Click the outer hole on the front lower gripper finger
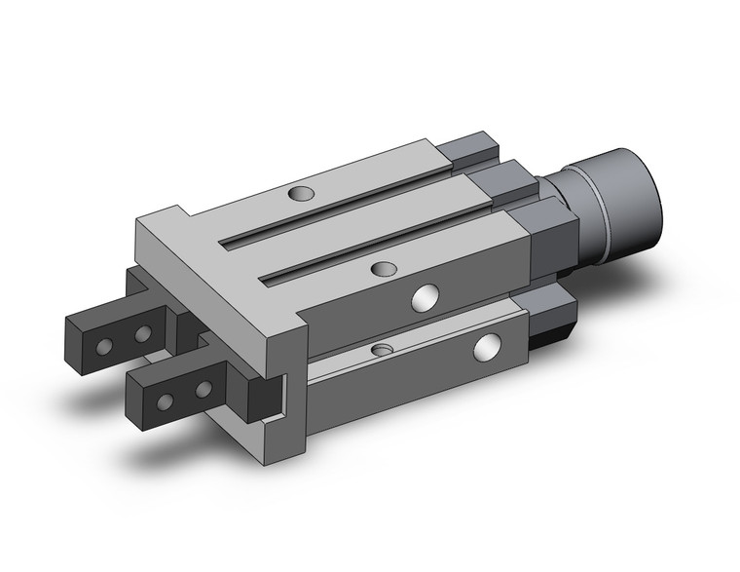(x=165, y=400)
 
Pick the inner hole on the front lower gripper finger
(x=203, y=390)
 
